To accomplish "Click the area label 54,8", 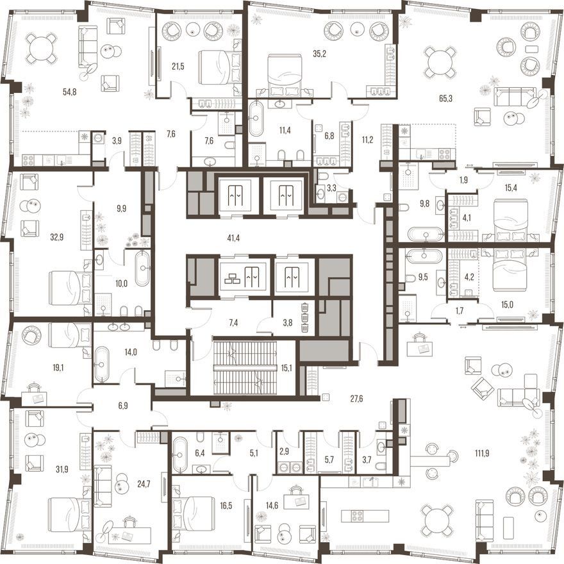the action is pyautogui.click(x=69, y=92).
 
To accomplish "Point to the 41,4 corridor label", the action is pyautogui.click(x=233, y=238).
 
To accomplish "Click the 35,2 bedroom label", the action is pyautogui.click(x=319, y=54).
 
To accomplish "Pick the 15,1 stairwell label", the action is pyautogui.click(x=286, y=368).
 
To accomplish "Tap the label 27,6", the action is pyautogui.click(x=356, y=399).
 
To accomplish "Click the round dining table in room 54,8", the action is pyautogui.click(x=42, y=49).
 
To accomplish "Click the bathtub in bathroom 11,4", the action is pyautogui.click(x=256, y=119).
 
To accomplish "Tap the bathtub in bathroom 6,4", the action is pyautogui.click(x=179, y=454).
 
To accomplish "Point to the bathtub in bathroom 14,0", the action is pyautogui.click(x=101, y=364).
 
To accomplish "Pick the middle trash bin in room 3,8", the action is pyautogui.click(x=304, y=317).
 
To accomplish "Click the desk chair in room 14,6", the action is pyautogui.click(x=295, y=490).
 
